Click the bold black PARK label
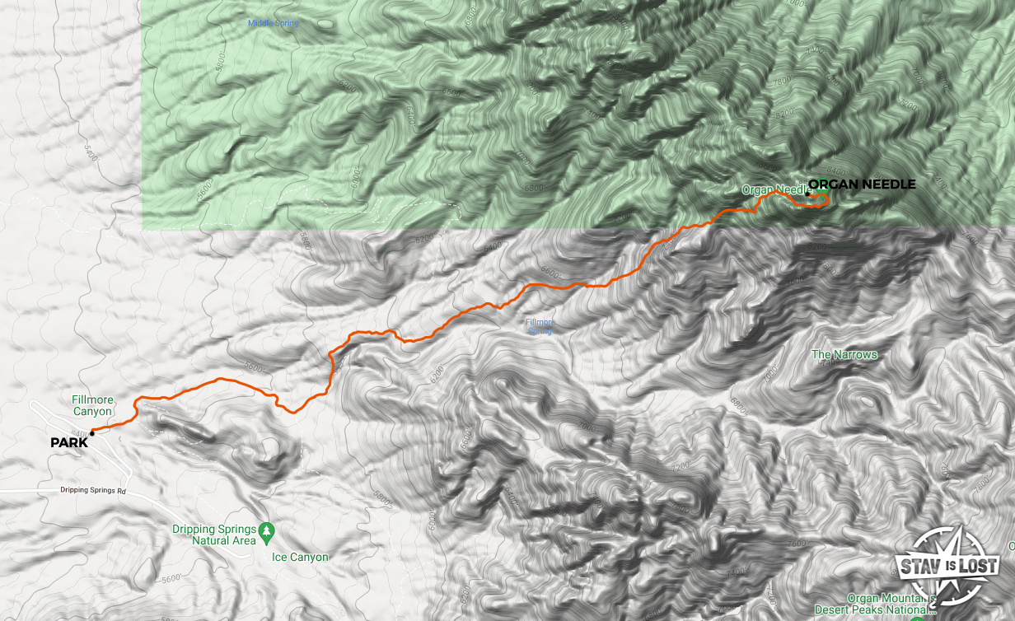pyautogui.click(x=68, y=443)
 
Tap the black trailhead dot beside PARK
pyautogui.click(x=92, y=433)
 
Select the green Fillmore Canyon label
pyautogui.click(x=92, y=405)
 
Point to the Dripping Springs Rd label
pyautogui.click(x=91, y=490)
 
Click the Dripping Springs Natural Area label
pyautogui.click(x=213, y=535)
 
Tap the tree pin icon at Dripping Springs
pyautogui.click(x=265, y=529)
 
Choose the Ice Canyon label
pyautogui.click(x=300, y=558)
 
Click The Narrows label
pyautogui.click(x=844, y=355)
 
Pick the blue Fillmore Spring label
pyautogui.click(x=540, y=327)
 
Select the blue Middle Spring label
pyautogui.click(x=273, y=23)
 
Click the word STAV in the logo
pyautogui.click(x=918, y=566)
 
